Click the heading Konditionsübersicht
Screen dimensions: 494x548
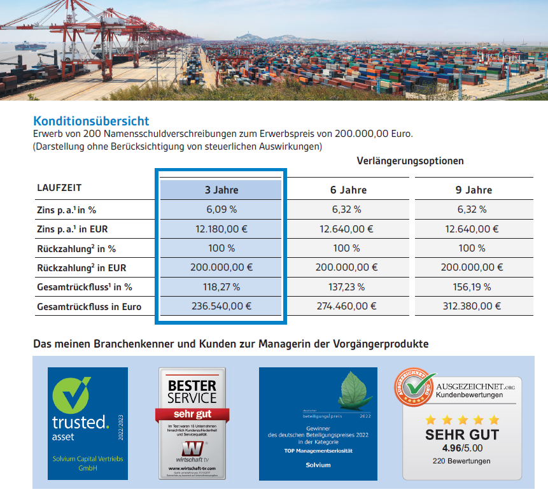click(91, 121)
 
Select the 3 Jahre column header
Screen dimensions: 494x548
click(221, 190)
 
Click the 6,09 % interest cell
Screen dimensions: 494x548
click(221, 209)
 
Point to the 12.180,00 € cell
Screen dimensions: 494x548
click(221, 229)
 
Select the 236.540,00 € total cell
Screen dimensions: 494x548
click(221, 306)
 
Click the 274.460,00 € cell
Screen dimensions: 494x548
click(346, 306)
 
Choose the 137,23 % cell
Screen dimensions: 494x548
click(346, 287)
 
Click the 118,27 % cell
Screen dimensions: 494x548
click(221, 287)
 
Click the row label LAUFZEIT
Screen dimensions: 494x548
click(59, 188)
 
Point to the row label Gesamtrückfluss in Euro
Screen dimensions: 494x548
click(89, 307)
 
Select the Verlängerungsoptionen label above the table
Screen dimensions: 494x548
click(410, 160)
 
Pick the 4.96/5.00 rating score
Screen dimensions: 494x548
click(462, 448)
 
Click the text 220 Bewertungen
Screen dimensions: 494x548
click(461, 461)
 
